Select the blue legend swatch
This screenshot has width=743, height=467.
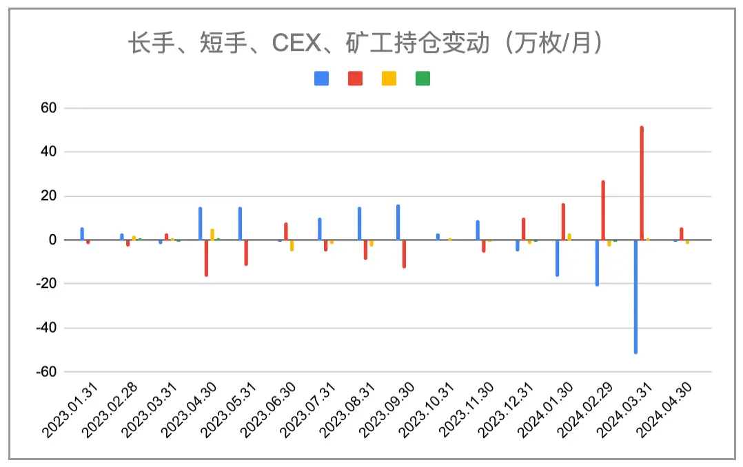(321, 79)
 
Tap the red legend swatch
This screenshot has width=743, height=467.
(355, 79)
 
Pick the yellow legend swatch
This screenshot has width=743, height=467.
(389, 79)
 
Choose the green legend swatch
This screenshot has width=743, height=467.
(423, 79)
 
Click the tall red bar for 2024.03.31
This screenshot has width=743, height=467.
(642, 183)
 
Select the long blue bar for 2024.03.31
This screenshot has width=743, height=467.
(635, 297)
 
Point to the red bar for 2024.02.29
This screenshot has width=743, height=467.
(603, 210)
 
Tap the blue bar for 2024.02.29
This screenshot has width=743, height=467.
(597, 262)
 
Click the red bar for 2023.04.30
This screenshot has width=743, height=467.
(206, 258)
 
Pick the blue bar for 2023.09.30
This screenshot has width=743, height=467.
(398, 222)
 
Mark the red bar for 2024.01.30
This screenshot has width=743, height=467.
(563, 222)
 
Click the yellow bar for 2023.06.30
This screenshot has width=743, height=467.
(292, 245)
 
